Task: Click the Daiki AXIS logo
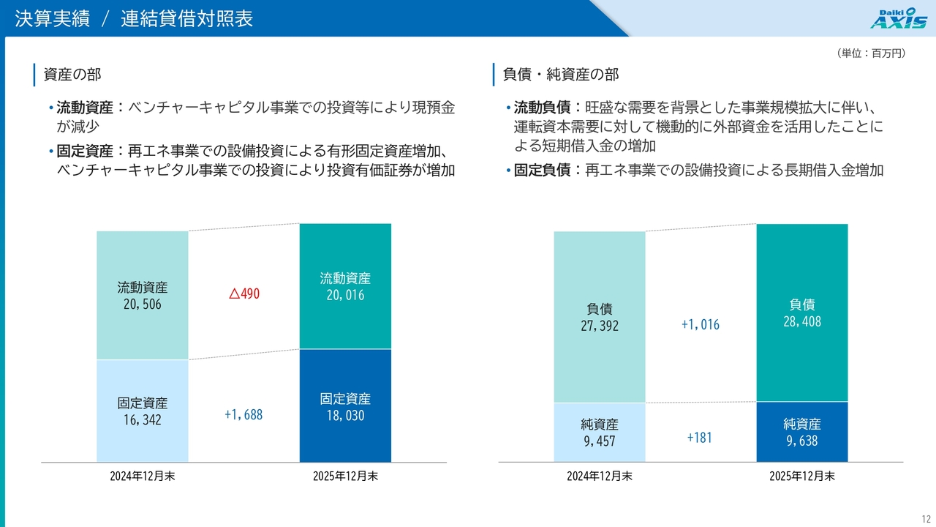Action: [898, 18]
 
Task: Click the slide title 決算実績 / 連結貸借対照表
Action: [134, 19]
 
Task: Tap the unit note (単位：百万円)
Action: [869, 53]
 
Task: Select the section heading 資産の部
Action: [72, 74]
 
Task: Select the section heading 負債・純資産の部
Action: [561, 74]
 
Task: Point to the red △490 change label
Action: [244, 294]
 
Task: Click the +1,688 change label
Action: [243, 415]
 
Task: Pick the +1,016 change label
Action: [700, 324]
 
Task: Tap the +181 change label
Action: [699, 438]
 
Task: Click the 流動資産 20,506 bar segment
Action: [143, 295]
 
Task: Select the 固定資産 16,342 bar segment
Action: [143, 411]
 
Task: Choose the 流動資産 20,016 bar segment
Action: [345, 286]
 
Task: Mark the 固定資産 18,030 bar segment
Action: [345, 406]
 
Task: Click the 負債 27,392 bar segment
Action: [600, 317]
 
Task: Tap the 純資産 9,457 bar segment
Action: [600, 432]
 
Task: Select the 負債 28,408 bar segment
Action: [802, 313]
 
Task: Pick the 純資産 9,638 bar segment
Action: [802, 432]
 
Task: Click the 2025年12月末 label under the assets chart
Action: [345, 476]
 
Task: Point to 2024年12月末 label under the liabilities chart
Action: [600, 476]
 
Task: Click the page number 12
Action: [926, 517]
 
